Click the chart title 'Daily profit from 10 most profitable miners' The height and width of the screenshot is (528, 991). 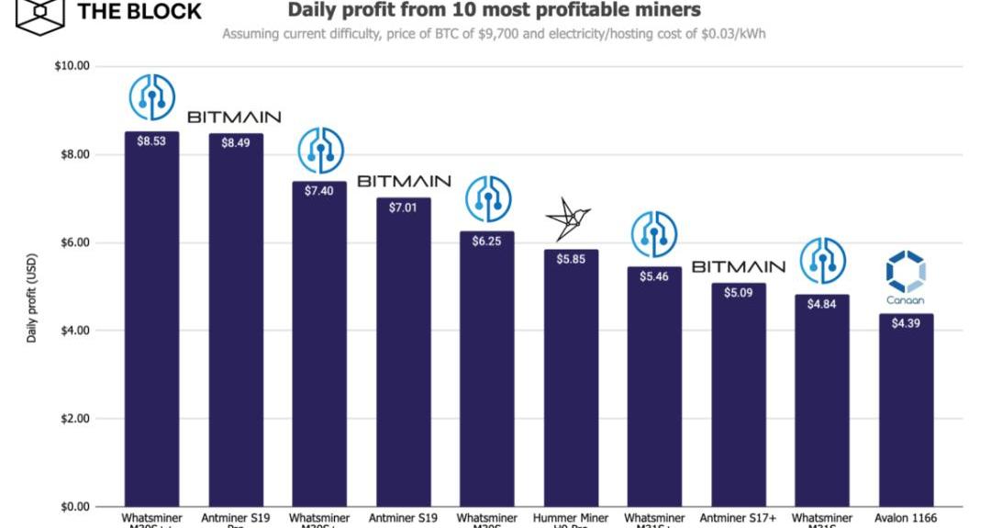click(x=494, y=10)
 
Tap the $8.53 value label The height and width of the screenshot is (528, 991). click(x=151, y=141)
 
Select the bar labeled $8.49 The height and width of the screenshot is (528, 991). click(x=236, y=321)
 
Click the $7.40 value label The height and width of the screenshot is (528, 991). click(x=319, y=191)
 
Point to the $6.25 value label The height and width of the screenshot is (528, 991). click(x=487, y=241)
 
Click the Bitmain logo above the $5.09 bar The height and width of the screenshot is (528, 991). click(x=739, y=267)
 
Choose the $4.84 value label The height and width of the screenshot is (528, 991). click(x=822, y=304)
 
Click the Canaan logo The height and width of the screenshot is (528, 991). click(x=906, y=278)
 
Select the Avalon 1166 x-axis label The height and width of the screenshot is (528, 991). click(x=907, y=519)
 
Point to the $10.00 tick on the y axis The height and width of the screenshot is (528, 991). click(x=72, y=66)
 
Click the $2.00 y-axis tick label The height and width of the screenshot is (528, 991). click(x=75, y=419)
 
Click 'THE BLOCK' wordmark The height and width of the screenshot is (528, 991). click(x=139, y=12)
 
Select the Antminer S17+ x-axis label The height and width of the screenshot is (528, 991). click(x=739, y=519)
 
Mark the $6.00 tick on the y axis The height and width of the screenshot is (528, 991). click(x=75, y=242)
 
